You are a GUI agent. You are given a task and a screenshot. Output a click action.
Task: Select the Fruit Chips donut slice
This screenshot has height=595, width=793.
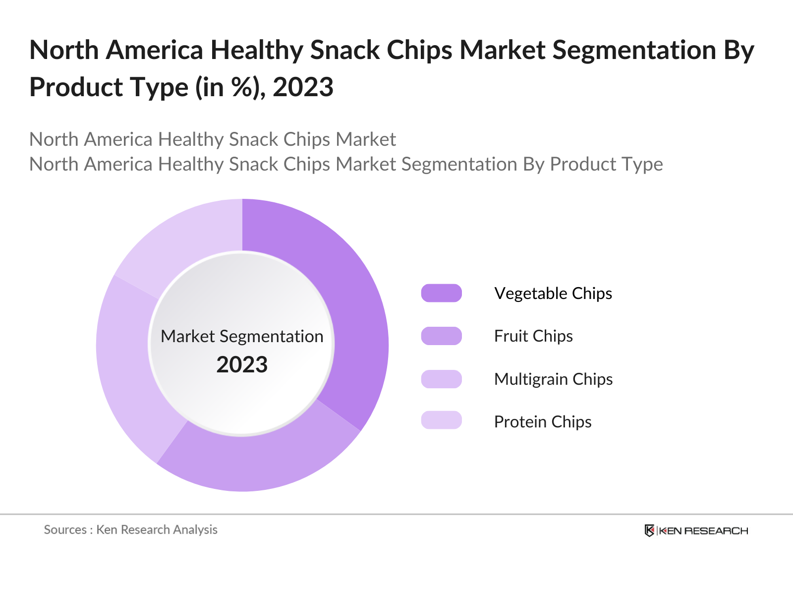258,461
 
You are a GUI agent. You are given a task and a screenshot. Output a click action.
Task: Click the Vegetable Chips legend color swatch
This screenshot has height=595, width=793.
441,293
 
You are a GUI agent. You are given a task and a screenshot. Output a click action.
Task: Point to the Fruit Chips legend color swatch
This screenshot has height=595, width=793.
441,336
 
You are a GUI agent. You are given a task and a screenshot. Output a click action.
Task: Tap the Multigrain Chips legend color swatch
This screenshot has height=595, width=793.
441,379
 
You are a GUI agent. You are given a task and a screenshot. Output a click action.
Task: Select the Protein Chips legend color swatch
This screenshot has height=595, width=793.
441,420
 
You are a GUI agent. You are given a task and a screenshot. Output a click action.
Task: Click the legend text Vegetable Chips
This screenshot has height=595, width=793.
553,294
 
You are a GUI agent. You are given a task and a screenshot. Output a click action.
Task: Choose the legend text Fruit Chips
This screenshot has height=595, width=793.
533,336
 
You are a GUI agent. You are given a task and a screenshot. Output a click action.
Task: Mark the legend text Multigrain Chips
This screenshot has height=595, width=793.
554,379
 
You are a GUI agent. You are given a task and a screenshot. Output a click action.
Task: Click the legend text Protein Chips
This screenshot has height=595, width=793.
543,422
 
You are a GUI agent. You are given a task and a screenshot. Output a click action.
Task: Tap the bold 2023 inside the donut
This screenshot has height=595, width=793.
242,365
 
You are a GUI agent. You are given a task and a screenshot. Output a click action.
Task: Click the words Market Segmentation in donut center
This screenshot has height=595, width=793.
242,336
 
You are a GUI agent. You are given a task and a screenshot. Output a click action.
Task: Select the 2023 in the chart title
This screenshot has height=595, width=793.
303,88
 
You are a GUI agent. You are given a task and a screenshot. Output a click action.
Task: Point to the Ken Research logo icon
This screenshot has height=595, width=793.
649,531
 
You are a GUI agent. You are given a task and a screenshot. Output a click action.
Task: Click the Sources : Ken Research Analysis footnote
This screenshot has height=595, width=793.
131,530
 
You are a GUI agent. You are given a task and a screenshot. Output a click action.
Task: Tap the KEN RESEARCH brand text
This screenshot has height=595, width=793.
703,531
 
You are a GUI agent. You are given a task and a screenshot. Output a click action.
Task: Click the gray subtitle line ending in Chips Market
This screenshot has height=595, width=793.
213,139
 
